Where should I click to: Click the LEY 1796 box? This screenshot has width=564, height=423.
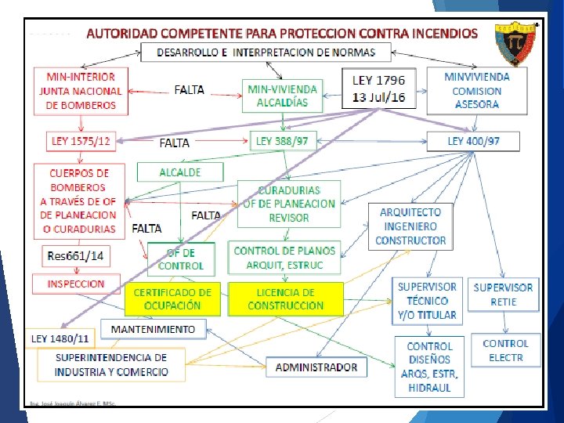pyautogui.click(x=378, y=88)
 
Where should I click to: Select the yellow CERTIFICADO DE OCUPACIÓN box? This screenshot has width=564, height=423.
pyautogui.click(x=172, y=299)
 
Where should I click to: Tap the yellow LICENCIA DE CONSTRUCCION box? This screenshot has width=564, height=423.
pyautogui.click(x=285, y=299)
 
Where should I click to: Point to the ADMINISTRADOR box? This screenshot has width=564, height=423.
pyautogui.click(x=316, y=366)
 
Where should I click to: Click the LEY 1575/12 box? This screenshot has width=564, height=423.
pyautogui.click(x=81, y=141)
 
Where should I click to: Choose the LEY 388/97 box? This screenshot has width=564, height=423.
pyautogui.click(x=282, y=141)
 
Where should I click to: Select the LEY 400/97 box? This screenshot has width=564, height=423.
pyautogui.click(x=473, y=141)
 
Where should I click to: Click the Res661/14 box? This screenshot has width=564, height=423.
pyautogui.click(x=75, y=255)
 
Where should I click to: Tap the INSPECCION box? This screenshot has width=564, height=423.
pyautogui.click(x=76, y=284)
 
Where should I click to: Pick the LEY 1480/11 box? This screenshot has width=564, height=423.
pyautogui.click(x=60, y=339)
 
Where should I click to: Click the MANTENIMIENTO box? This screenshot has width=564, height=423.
pyautogui.click(x=153, y=328)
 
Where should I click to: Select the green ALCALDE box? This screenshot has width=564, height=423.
pyautogui.click(x=179, y=172)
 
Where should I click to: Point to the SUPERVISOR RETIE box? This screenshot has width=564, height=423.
pyautogui.click(x=503, y=295)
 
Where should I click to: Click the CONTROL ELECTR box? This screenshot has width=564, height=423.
pyautogui.click(x=505, y=350)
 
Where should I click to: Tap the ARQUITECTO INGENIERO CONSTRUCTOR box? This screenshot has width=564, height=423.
pyautogui.click(x=410, y=226)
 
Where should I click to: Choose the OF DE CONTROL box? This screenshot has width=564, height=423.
pyautogui.click(x=180, y=258)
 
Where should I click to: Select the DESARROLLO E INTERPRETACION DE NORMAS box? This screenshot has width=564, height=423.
pyautogui.click(x=266, y=52)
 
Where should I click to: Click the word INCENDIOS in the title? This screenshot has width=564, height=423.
pyautogui.click(x=437, y=34)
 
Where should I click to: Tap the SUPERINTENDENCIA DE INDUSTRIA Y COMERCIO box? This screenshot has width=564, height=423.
pyautogui.click(x=111, y=364)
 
